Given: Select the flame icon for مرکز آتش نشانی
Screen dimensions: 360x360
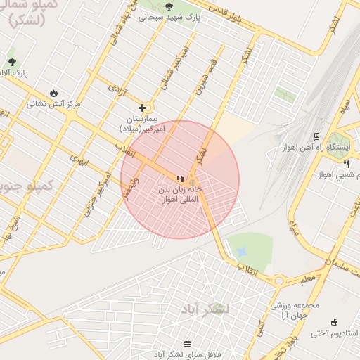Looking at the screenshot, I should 54,93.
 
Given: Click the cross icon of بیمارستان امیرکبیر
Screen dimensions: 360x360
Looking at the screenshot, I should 143,108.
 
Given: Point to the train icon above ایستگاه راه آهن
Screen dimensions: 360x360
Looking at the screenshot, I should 316,136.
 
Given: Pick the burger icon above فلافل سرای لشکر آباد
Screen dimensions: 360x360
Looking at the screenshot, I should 187,344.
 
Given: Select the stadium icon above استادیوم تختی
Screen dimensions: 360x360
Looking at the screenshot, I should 333,321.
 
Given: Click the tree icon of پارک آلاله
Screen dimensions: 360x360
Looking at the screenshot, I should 12,62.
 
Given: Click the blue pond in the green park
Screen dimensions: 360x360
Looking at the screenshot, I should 243,251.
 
